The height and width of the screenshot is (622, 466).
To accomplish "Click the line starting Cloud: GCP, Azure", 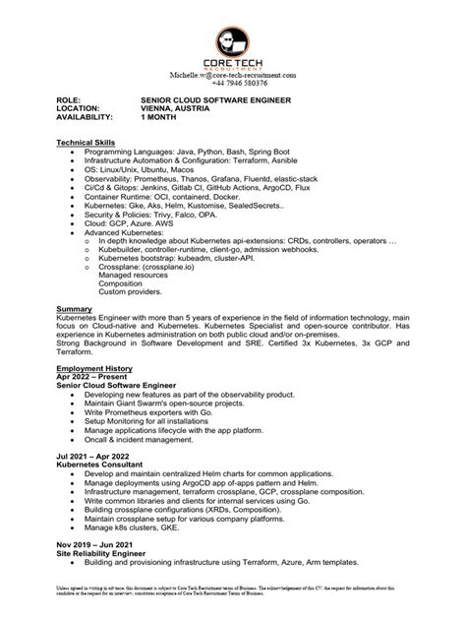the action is coord(133,221).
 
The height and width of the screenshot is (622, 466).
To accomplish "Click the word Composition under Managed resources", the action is coord(124,282).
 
